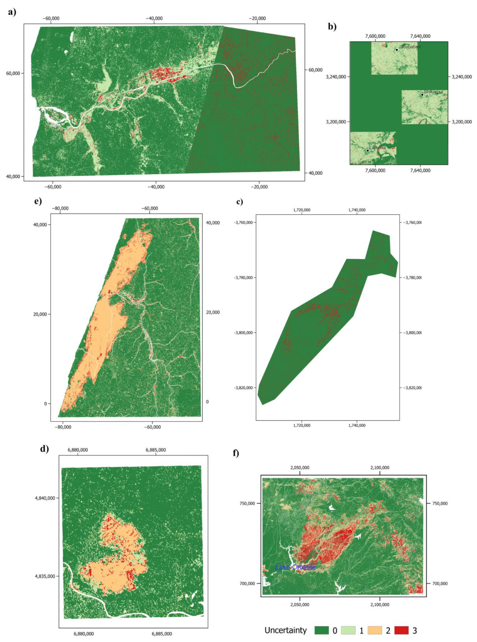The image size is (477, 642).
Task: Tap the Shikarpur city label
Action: click(433, 92)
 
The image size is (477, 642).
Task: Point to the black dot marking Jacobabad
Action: click(397, 50)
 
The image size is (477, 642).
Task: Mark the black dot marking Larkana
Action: click(367, 150)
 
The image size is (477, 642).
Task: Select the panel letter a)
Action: click(12, 13)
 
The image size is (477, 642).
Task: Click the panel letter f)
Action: click(236, 454)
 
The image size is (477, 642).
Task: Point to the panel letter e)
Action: click(38, 201)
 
